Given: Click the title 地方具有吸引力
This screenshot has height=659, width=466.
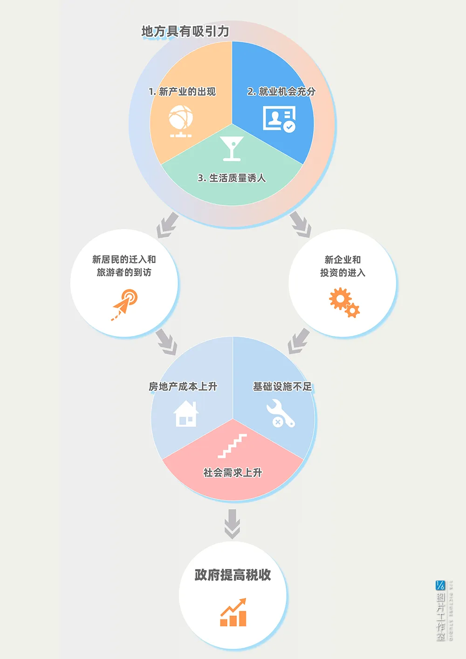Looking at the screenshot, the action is [185, 31].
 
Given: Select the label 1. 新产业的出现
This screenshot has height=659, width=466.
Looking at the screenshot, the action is [182, 91].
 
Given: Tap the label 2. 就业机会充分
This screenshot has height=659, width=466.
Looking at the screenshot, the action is [281, 91].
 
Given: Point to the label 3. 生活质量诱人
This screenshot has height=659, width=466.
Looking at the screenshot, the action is [232, 178].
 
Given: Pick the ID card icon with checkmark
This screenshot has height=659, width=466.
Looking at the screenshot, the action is [279, 119].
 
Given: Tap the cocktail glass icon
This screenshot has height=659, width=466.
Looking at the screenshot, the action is [232, 148].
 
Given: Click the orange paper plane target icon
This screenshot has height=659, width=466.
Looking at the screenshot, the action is [124, 305].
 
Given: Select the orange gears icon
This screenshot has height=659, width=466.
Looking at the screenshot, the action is [344, 302].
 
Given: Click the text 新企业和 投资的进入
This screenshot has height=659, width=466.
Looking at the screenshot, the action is [343, 266].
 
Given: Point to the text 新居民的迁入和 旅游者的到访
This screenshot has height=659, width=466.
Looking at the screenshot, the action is [124, 266].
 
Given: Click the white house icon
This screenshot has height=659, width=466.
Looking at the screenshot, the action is [186, 414].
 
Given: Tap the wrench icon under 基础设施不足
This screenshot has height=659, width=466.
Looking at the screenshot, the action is [281, 413].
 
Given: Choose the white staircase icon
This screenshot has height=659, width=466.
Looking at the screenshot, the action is [232, 446].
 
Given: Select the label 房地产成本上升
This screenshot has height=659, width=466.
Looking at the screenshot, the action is [183, 386].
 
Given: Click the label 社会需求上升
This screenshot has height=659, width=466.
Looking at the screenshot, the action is [233, 473].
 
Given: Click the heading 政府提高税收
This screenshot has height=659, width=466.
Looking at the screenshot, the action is [233, 575].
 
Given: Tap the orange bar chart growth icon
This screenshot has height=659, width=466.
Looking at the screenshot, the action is [233, 612].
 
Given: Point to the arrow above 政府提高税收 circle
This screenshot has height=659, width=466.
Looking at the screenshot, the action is [232, 524].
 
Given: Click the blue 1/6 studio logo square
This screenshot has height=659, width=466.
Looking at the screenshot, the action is [440, 585].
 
